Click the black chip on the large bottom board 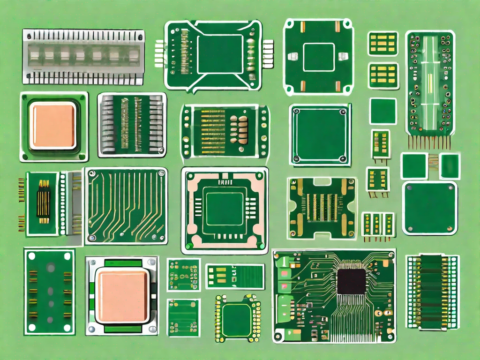[351, 281]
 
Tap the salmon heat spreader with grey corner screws [122, 295]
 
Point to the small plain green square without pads [383, 111]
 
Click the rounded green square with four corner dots [429, 208]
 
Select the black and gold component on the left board [44, 201]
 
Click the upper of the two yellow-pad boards [382, 44]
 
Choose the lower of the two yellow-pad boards [382, 75]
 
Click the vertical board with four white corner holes [49, 292]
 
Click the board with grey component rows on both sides [132, 124]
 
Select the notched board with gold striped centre [322, 207]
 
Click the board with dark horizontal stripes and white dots [432, 291]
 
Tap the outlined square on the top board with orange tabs [318, 57]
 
